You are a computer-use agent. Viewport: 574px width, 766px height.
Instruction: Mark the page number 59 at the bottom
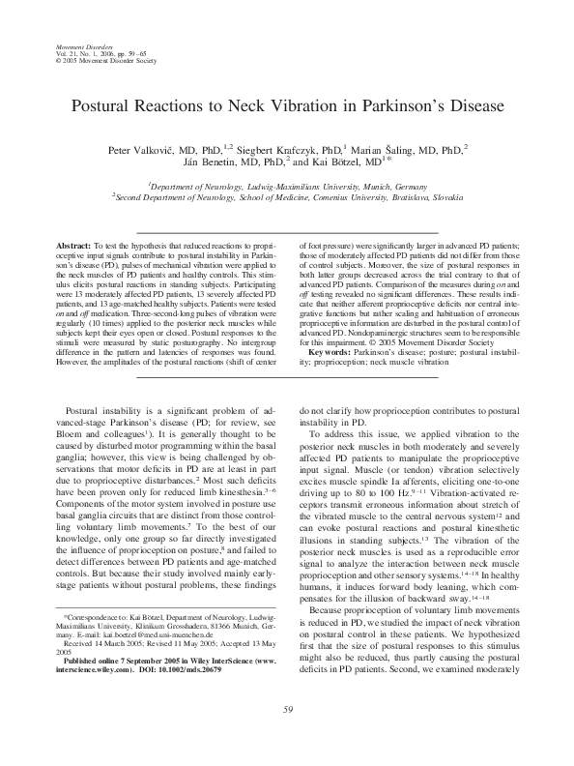(x=287, y=737)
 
